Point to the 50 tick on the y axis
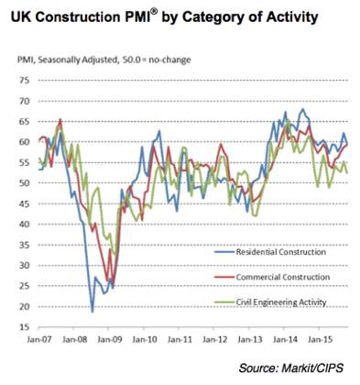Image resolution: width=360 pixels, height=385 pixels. tap(25, 182)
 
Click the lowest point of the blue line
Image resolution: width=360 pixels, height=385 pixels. tap(92, 312)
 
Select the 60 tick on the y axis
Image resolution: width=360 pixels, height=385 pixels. tap(25, 142)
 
